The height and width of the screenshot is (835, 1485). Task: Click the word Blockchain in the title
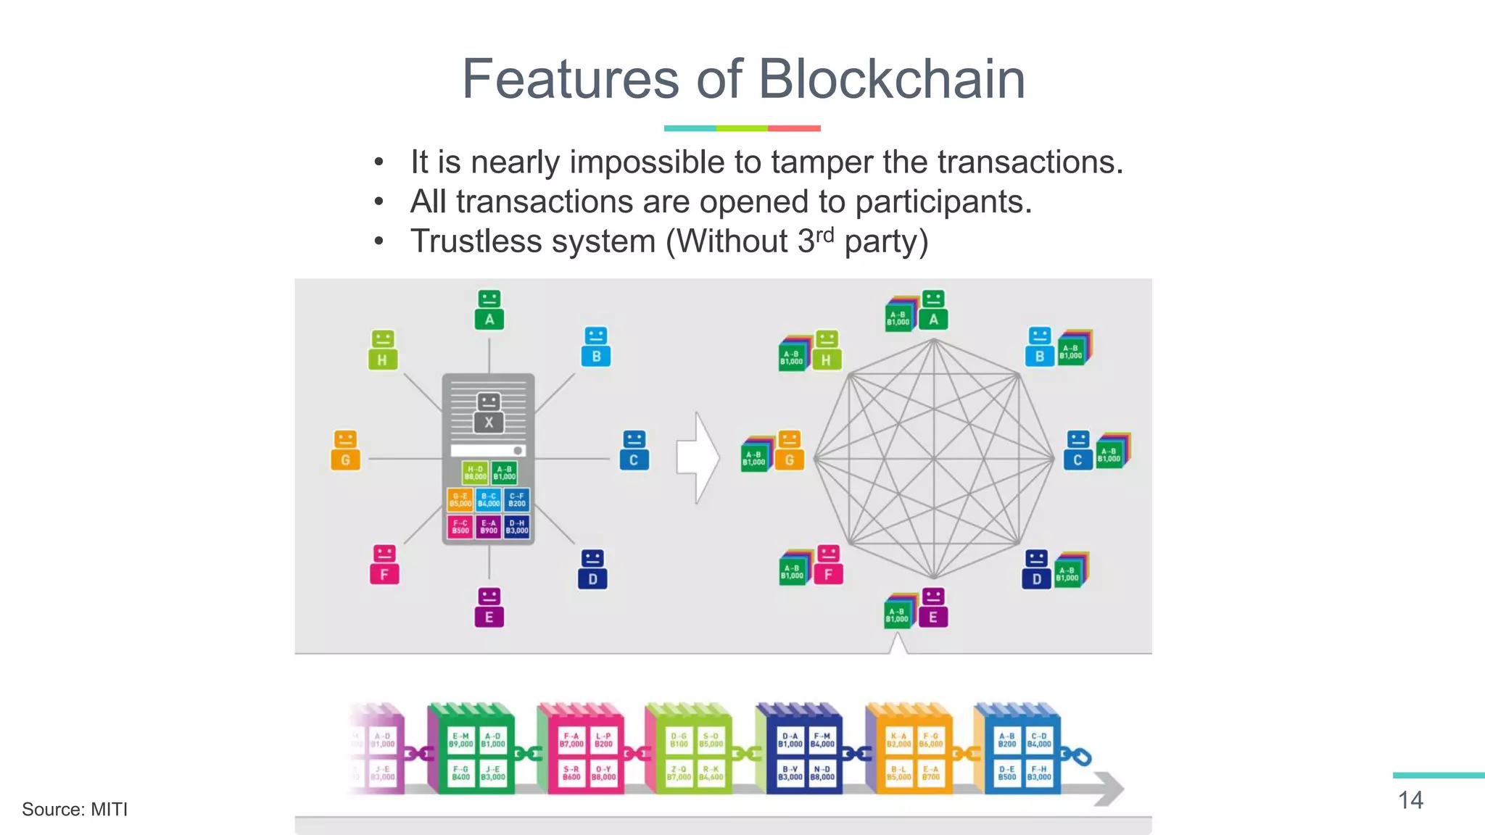pos(891,79)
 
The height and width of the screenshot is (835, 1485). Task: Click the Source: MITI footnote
pos(75,809)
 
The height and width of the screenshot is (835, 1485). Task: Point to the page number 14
pos(1410,800)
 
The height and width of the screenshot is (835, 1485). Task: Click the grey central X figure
pos(489,413)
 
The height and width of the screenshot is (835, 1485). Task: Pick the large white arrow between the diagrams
pos(697,458)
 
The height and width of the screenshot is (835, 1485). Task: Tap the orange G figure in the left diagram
pos(346,450)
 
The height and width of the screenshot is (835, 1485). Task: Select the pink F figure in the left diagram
pos(384,565)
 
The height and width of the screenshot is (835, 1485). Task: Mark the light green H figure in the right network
pos(826,350)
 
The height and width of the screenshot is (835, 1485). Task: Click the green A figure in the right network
pos(933,310)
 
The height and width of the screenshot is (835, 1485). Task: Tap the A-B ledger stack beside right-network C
pos(1112,452)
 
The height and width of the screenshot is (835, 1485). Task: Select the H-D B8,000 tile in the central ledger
pos(476,473)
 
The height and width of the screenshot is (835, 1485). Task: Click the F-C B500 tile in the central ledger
pos(460,526)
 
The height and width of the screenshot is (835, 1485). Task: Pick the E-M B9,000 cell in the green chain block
pos(460,740)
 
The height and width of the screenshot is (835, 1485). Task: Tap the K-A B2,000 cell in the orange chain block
pos(898,740)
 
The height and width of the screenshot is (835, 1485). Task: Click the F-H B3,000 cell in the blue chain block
pos(1039,773)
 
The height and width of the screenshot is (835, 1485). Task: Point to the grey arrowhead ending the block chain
pos(1109,789)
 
